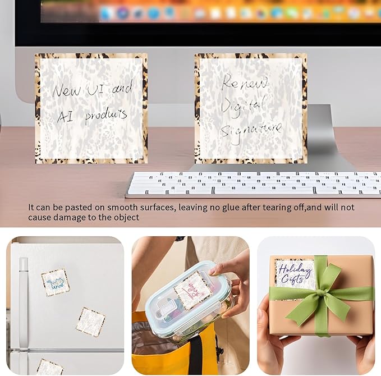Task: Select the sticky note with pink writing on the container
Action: pyautogui.click(x=192, y=290)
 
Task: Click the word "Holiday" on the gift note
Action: pyautogui.click(x=294, y=269)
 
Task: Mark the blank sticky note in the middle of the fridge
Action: pyautogui.click(x=90, y=322)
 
